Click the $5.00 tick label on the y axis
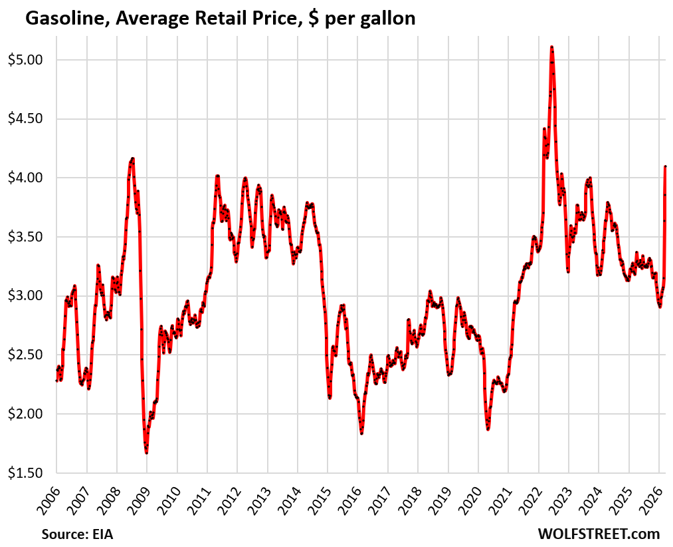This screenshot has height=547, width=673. coord(25,60)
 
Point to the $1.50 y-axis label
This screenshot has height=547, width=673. coord(25,473)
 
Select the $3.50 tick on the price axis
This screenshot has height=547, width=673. coord(25,237)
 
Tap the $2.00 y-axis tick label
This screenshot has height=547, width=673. coord(25,414)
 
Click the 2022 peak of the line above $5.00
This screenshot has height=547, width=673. coord(552,47)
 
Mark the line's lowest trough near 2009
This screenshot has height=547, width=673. coord(146,453)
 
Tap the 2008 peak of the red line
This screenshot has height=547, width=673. coord(133,158)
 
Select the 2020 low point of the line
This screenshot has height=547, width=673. coord(488,429)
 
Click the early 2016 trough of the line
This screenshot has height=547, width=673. coord(362,433)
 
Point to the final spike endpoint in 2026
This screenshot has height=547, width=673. coord(665,166)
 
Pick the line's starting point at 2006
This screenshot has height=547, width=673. coord(56,381)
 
